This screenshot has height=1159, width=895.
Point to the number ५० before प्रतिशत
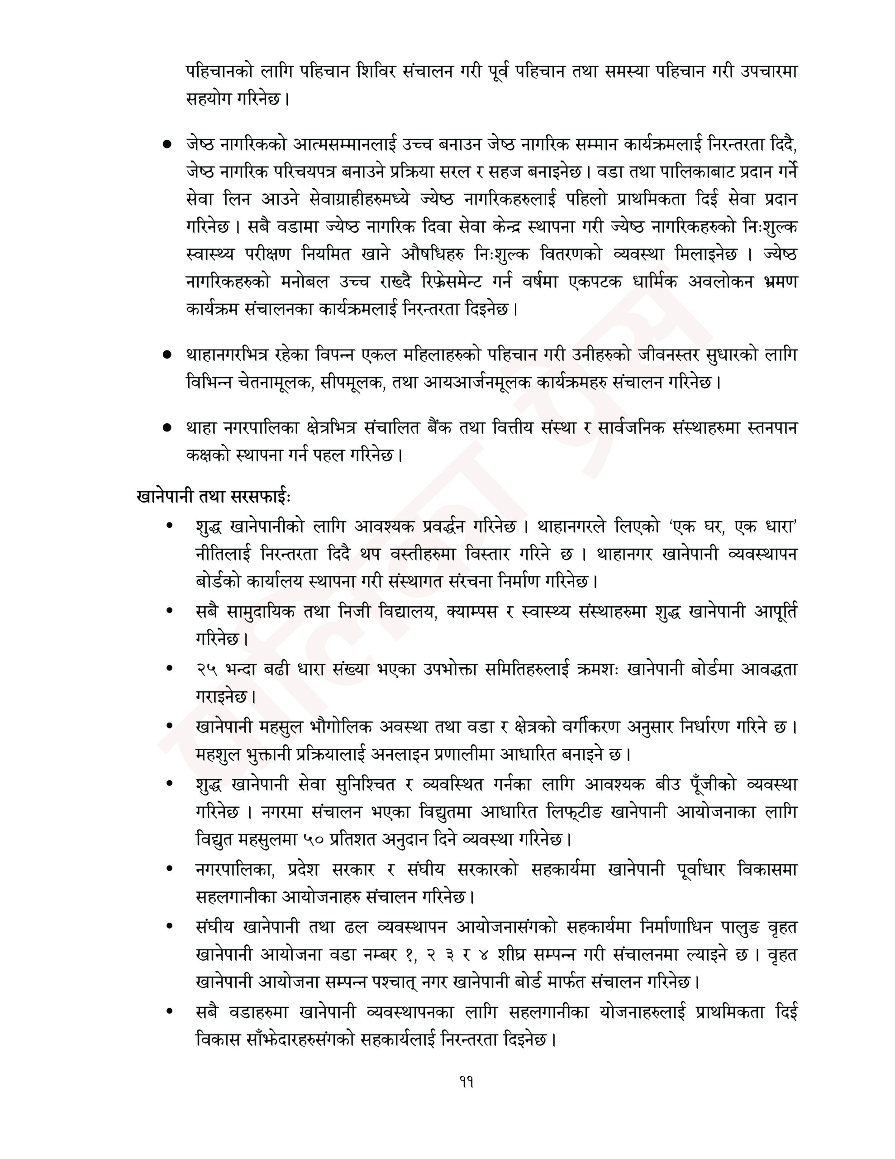click(x=314, y=839)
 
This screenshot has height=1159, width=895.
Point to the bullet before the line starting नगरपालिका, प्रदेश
click(x=169, y=869)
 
